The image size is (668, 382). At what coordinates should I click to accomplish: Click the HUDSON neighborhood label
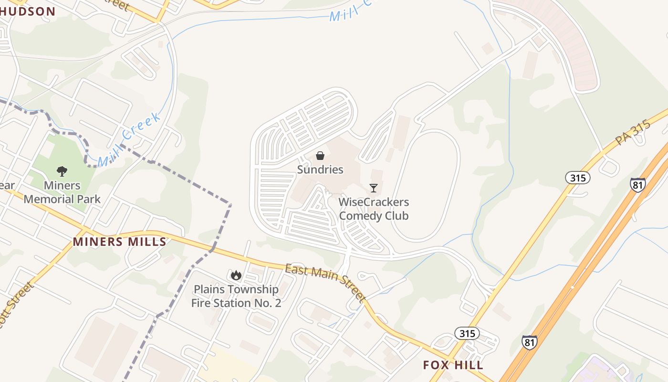tap(28, 11)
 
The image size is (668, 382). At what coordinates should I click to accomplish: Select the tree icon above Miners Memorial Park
tap(62, 171)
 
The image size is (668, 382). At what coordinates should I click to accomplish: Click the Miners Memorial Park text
tap(62, 192)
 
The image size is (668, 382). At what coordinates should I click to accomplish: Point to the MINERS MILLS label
tap(119, 242)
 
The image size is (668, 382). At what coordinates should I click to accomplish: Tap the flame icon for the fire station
tap(236, 275)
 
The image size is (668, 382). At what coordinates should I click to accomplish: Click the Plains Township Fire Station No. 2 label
tap(236, 296)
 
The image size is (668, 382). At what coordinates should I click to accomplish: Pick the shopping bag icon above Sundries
tap(320, 156)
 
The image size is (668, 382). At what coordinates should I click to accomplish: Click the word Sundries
tap(320, 170)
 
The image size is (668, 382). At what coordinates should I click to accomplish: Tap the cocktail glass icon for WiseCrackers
tap(374, 188)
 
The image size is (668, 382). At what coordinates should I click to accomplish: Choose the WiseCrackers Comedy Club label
tap(374, 209)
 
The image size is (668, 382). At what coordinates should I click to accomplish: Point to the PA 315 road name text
tap(633, 133)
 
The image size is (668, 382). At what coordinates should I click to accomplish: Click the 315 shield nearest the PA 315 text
tap(578, 178)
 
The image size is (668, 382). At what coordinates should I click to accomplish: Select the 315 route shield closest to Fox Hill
tap(467, 333)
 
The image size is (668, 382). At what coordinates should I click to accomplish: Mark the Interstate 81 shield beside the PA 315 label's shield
tap(638, 185)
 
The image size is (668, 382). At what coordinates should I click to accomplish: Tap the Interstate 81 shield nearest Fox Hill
tap(529, 342)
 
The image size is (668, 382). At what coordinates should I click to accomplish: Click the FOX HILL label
tap(453, 365)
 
